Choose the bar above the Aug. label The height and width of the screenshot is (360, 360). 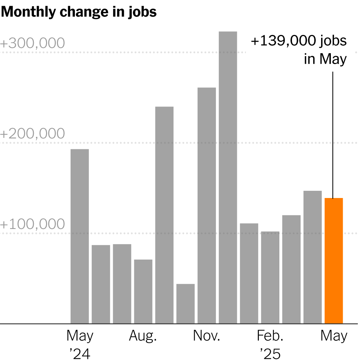143,291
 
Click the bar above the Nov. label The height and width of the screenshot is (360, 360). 207,206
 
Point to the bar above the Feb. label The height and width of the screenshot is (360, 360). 270,277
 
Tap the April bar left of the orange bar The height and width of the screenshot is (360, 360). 312,257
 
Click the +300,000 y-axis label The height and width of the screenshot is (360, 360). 32,43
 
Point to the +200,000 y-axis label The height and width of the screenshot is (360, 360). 32,134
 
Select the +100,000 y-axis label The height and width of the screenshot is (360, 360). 32,224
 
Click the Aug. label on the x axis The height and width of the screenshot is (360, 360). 143,336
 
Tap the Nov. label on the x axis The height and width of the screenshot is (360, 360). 206,336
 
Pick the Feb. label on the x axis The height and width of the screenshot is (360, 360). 270,336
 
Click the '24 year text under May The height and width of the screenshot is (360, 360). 80,354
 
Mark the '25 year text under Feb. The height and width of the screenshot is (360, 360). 270,354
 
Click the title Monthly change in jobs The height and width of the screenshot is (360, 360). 79,12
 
